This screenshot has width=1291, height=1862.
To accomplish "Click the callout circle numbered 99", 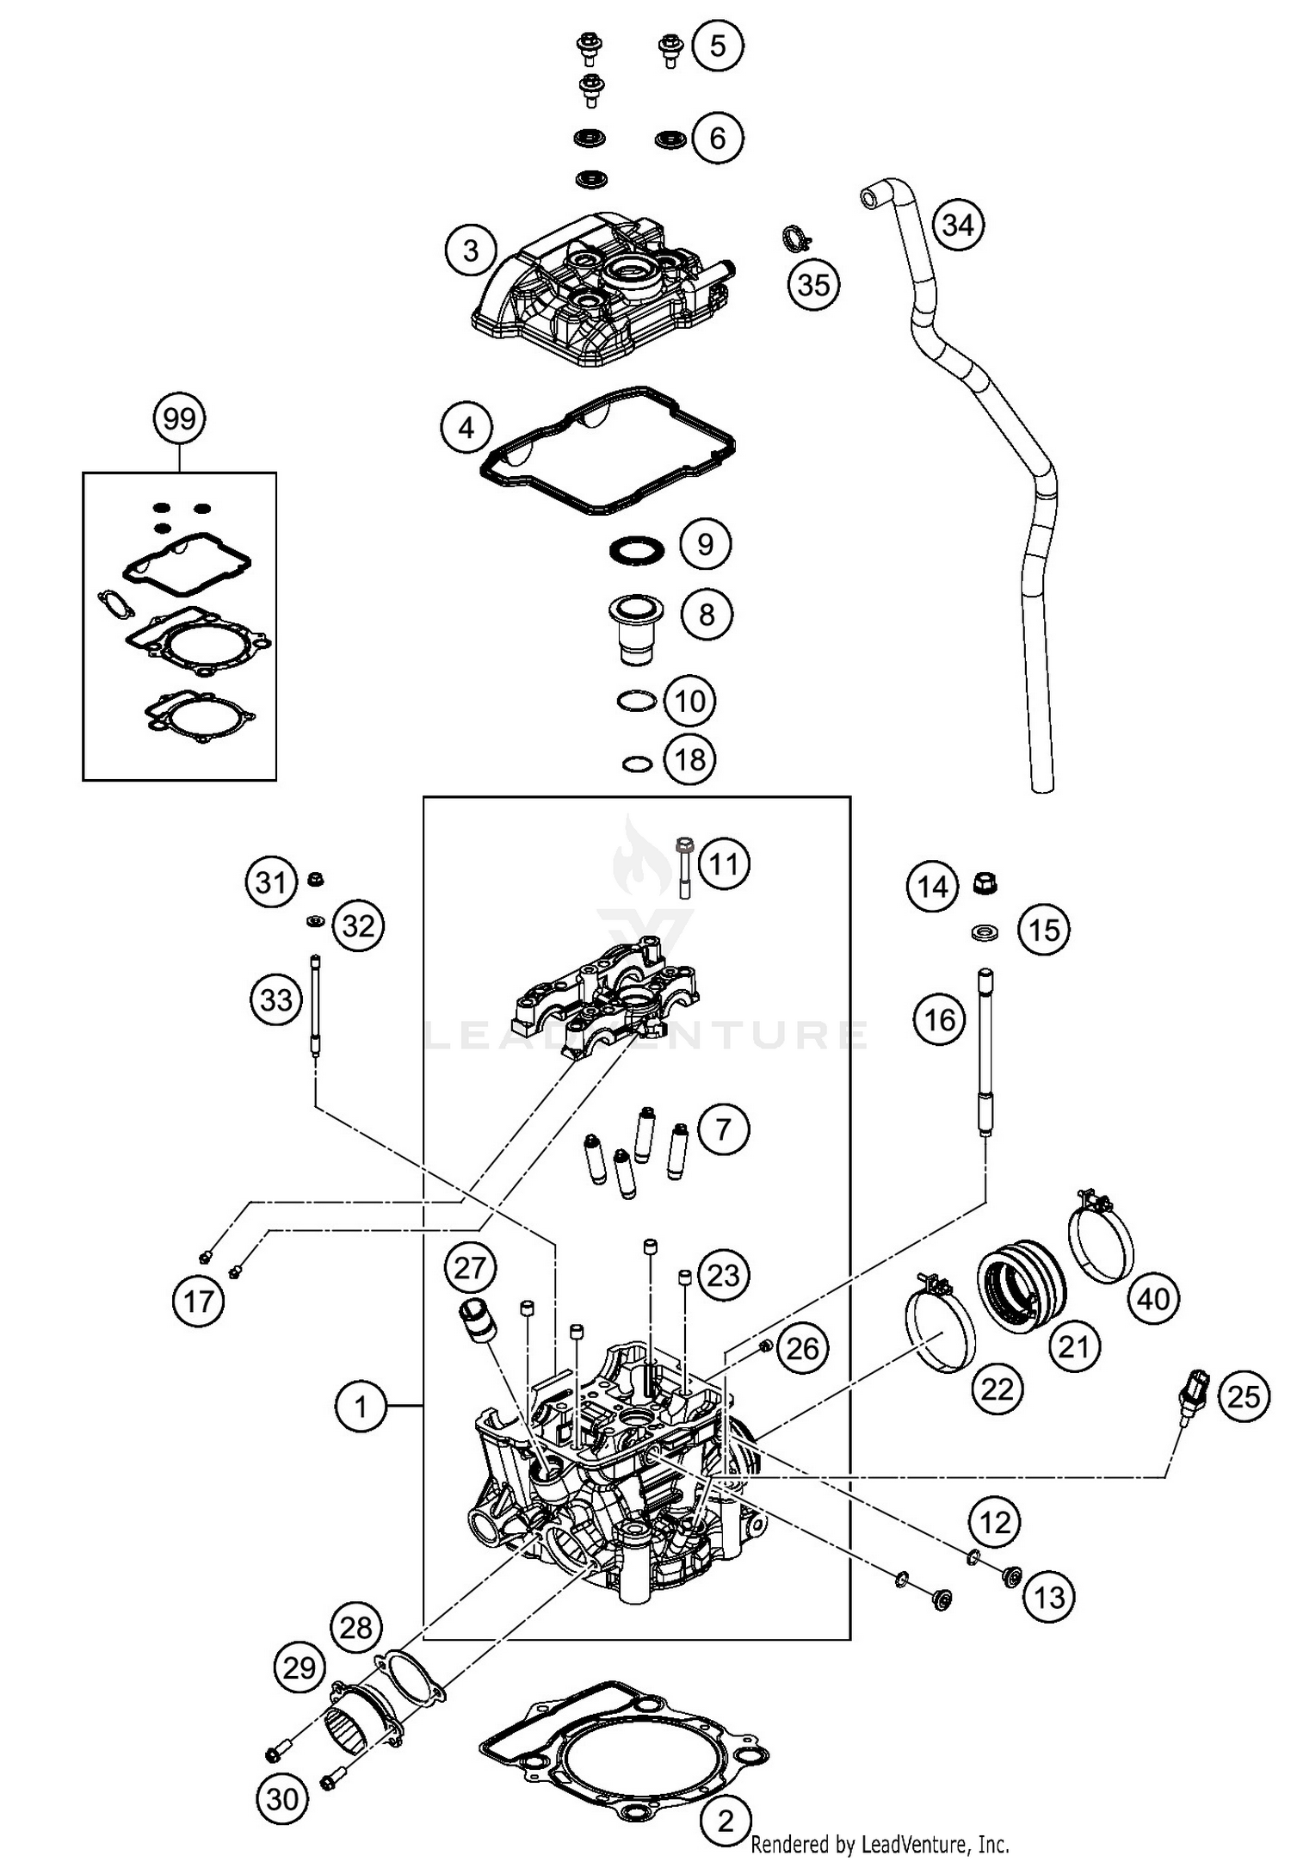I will pyautogui.click(x=179, y=419).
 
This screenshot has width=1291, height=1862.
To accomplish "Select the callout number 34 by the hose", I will pyautogui.click(x=957, y=225).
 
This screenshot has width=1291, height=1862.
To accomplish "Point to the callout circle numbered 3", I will pyautogui.click(x=470, y=251).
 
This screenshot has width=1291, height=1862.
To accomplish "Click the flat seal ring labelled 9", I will pyautogui.click(x=637, y=549).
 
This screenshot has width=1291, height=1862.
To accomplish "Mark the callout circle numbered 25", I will pyautogui.click(x=1244, y=1397).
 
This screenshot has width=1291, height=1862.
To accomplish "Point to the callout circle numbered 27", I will pyautogui.click(x=470, y=1268).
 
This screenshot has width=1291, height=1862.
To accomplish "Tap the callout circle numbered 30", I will pyautogui.click(x=282, y=1798).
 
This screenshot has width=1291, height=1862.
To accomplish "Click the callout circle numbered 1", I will pyautogui.click(x=360, y=1407).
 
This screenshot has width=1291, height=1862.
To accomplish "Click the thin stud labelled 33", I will pyautogui.click(x=316, y=1005).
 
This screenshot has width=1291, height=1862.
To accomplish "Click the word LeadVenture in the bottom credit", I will pyautogui.click(x=900, y=1844).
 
